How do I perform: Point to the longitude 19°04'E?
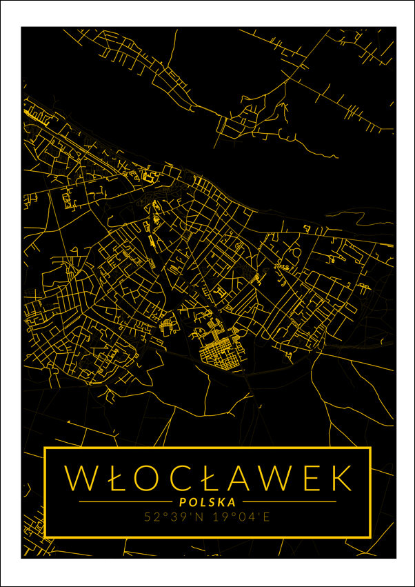point(238,516)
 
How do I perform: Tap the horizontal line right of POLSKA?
point(290,501)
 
